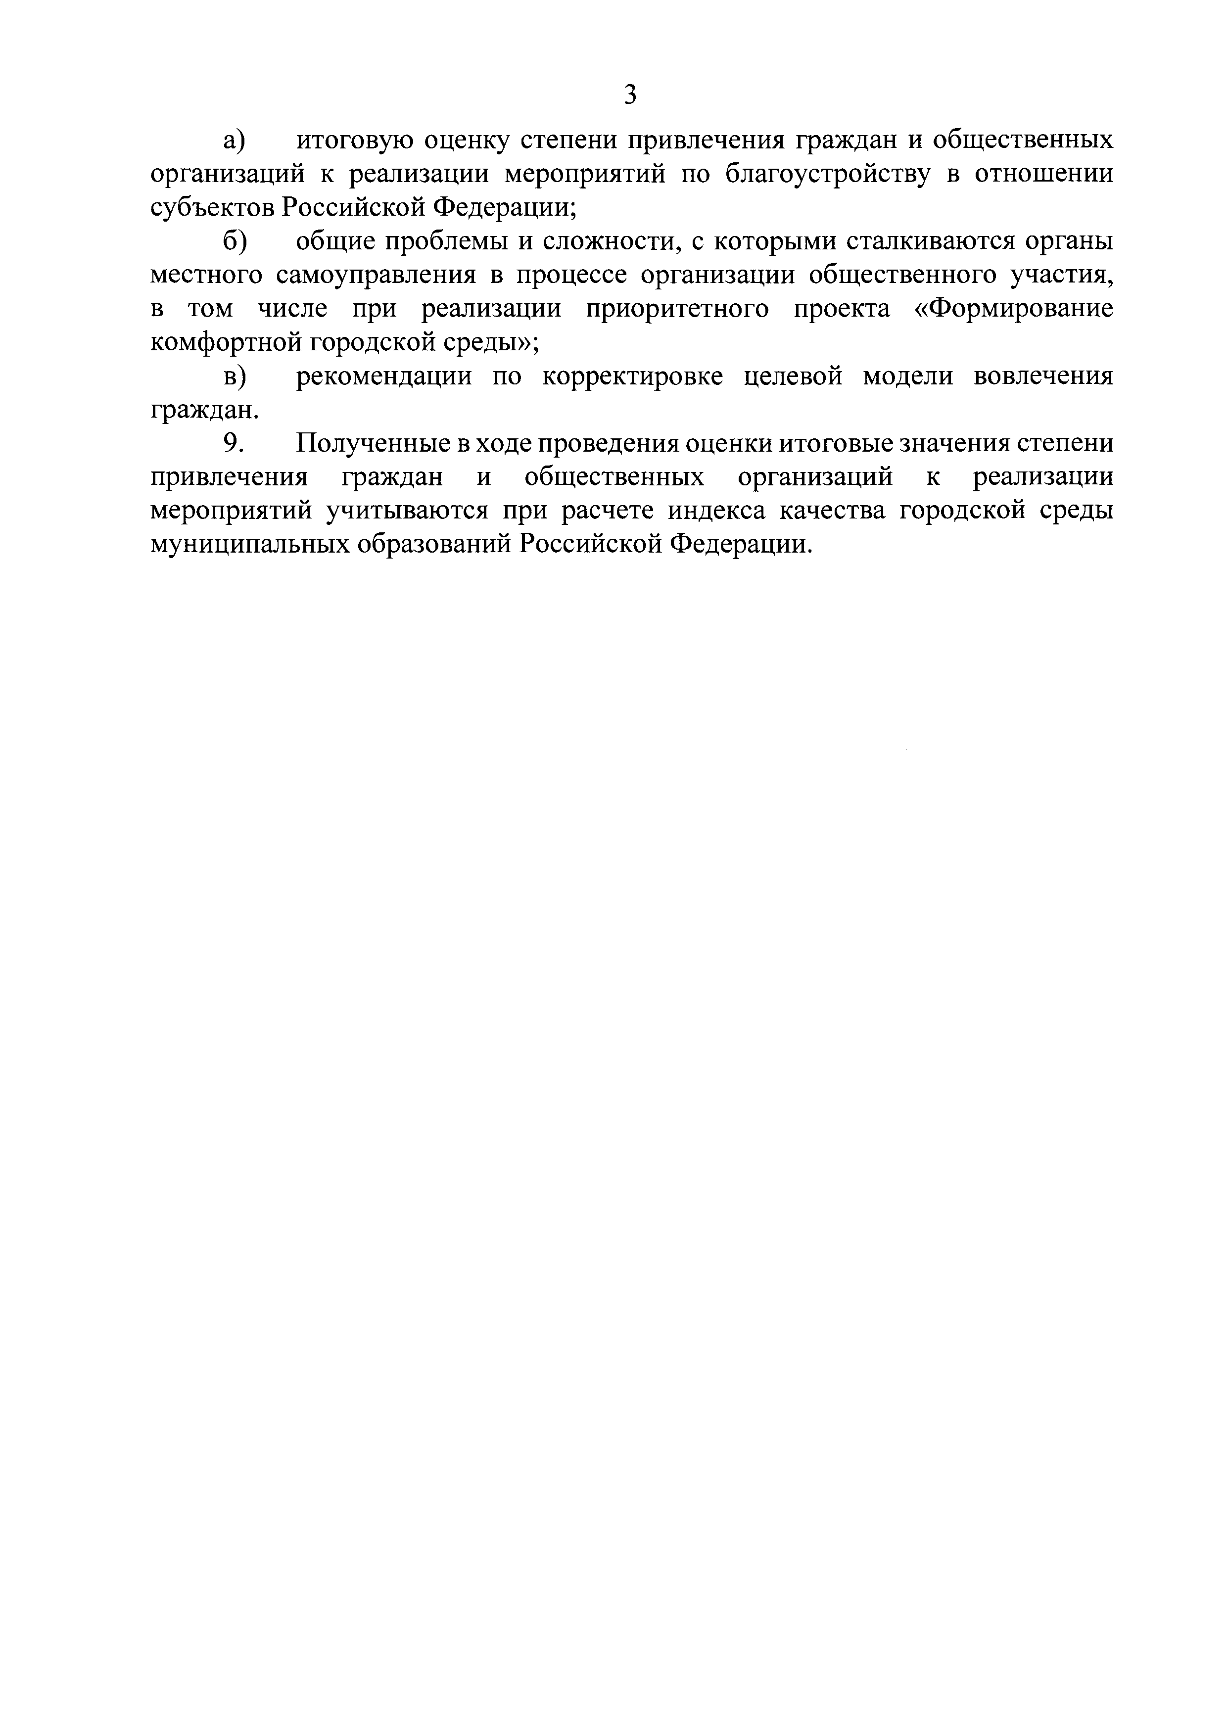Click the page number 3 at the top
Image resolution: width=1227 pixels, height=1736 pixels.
coord(630,95)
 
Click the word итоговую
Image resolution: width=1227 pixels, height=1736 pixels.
coord(353,141)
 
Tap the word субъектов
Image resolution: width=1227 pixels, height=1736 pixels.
coord(214,208)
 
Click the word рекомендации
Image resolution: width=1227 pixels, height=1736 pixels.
coord(384,376)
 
